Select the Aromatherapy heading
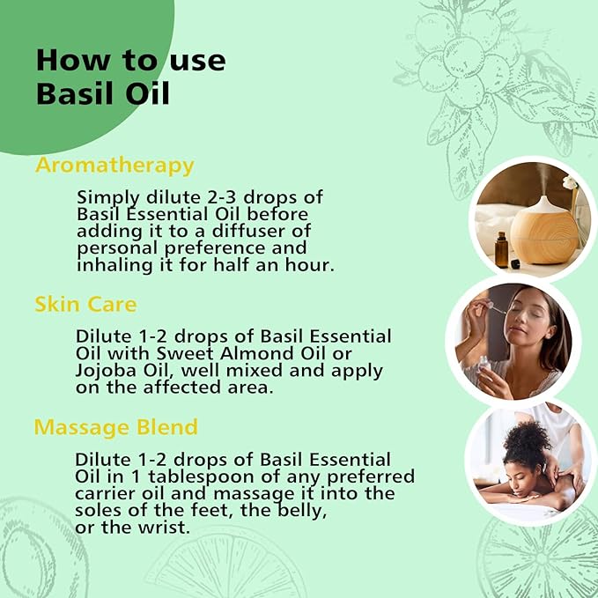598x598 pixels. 114,166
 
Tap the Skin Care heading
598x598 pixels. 85,304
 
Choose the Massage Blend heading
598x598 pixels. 115,427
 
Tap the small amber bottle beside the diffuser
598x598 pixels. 501,249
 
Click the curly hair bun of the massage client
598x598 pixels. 527,435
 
